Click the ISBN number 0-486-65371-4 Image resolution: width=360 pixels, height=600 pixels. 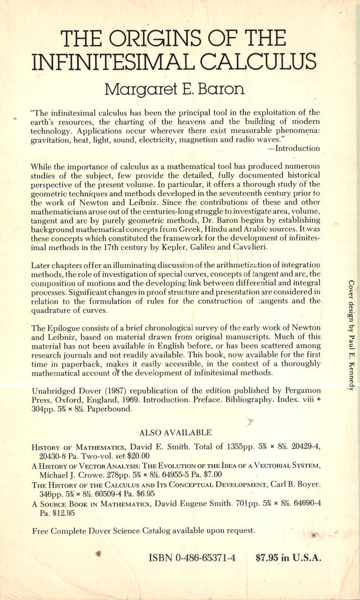click(x=205, y=558)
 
